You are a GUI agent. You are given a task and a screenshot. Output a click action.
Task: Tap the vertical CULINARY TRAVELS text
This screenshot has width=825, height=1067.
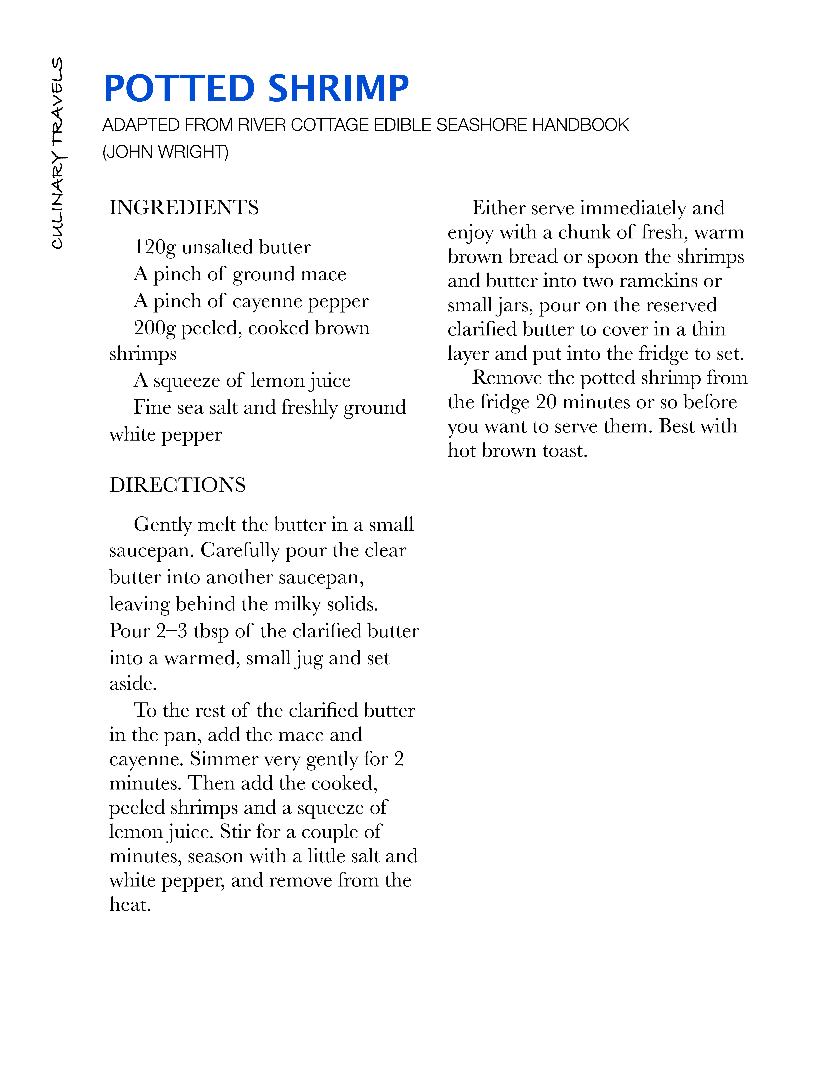tap(58, 153)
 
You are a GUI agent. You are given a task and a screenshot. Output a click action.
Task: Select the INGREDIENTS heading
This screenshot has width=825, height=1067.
tap(184, 208)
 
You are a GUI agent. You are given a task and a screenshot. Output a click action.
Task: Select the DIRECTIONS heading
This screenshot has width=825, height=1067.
tap(177, 485)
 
